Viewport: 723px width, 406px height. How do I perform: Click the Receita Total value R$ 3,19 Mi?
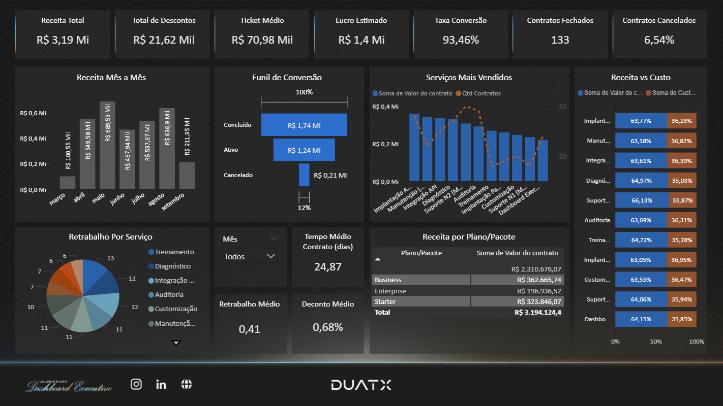click(x=63, y=40)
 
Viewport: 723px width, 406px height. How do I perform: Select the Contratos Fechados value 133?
click(x=560, y=40)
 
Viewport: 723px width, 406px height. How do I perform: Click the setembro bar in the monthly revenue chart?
click(x=187, y=176)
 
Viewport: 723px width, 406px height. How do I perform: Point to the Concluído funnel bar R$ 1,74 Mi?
click(x=304, y=125)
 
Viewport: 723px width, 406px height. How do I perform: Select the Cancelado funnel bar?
click(x=304, y=175)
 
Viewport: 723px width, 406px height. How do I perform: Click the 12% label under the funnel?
click(x=304, y=208)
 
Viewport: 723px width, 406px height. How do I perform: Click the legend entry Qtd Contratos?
click(x=481, y=93)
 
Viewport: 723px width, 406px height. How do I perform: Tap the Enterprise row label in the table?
click(x=390, y=291)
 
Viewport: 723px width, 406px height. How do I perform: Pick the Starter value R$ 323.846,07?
click(x=539, y=301)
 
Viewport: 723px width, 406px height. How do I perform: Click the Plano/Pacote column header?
click(x=421, y=253)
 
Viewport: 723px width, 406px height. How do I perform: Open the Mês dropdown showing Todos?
click(x=250, y=256)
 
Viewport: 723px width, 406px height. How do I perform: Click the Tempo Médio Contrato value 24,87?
click(x=327, y=266)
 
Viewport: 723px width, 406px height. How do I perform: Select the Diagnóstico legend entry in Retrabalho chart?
click(x=173, y=266)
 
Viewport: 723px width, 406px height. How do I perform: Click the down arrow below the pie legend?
click(x=176, y=343)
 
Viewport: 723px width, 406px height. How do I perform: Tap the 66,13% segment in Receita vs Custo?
click(x=642, y=200)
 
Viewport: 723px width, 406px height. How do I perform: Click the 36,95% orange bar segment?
click(x=681, y=260)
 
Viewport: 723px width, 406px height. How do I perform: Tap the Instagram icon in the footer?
click(x=136, y=384)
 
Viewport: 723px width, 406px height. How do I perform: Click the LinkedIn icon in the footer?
click(x=161, y=384)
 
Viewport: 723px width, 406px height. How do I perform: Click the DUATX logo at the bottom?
click(x=361, y=385)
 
